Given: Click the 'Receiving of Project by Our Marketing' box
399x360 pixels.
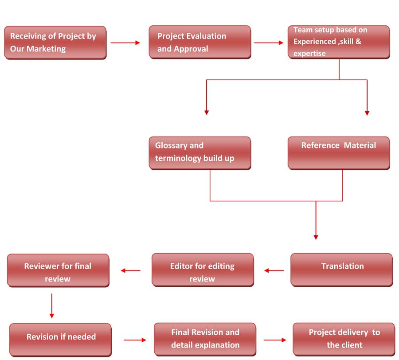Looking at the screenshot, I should (55, 43).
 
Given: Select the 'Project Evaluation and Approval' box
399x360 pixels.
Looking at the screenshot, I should (200, 42).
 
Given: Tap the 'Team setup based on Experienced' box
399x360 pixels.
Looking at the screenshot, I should (339, 42).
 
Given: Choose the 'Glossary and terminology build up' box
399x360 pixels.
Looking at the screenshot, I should (200, 153).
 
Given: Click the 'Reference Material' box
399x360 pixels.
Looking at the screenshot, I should (339, 153).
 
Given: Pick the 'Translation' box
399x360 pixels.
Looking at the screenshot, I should (341, 270).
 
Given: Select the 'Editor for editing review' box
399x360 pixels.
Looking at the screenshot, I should (203, 270).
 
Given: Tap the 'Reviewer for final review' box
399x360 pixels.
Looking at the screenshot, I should (58, 270).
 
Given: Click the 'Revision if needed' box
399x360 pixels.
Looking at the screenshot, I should (60, 340).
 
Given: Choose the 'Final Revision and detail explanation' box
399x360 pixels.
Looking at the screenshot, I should (205, 339).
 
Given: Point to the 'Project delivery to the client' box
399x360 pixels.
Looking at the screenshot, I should (344, 339).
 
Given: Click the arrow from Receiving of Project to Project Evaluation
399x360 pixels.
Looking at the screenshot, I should (125, 43).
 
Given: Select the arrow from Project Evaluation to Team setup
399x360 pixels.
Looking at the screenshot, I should (269, 43).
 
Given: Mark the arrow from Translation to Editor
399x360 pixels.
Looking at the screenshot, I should (274, 270).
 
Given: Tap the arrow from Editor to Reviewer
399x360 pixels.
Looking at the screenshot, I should (130, 270).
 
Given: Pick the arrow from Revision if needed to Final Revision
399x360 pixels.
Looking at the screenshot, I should (135, 340).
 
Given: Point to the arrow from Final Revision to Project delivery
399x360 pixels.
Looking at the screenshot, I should (275, 340).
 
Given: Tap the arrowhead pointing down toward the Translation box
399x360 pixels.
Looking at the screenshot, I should (316, 237).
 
